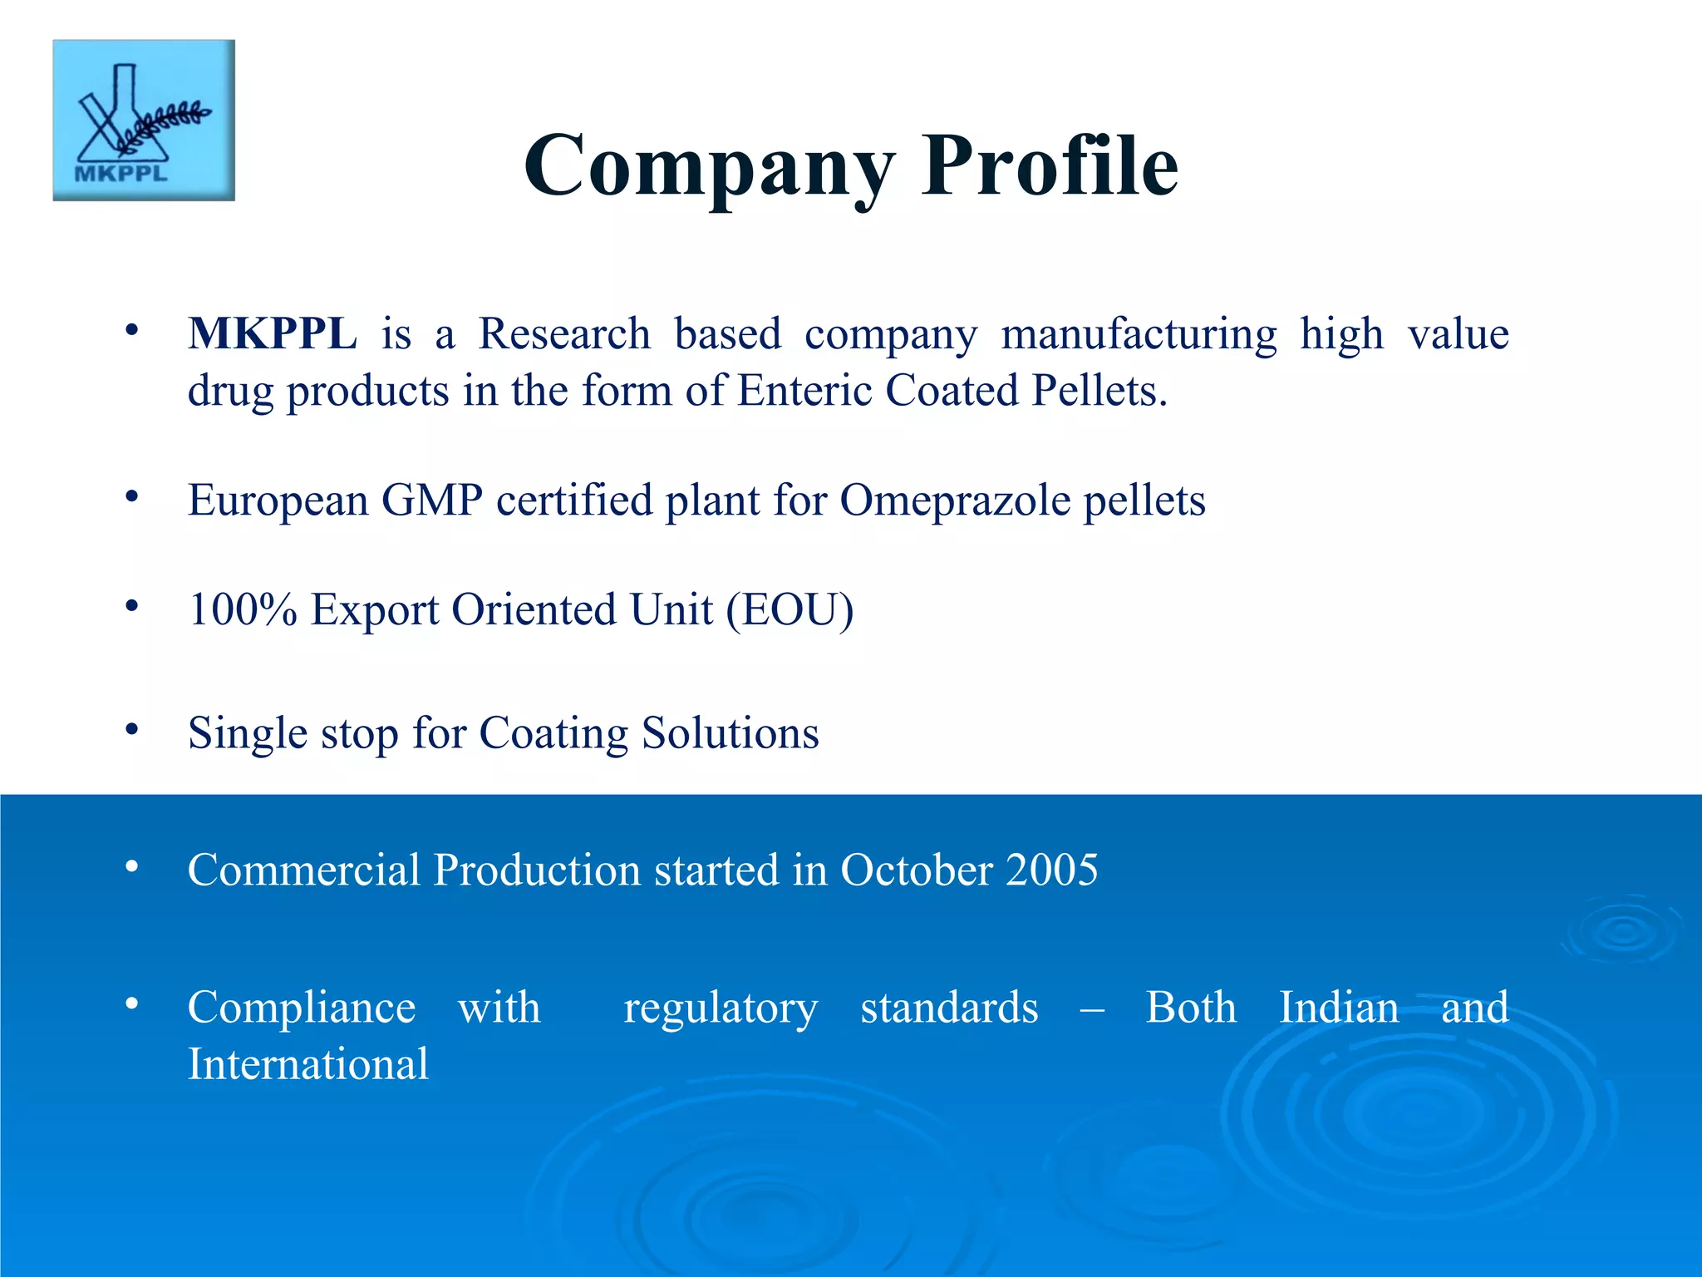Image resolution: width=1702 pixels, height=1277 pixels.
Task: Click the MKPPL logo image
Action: click(x=144, y=121)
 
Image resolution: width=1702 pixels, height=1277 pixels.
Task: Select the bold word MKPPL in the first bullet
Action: click(x=273, y=334)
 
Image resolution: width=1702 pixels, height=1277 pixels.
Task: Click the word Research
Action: click(x=564, y=334)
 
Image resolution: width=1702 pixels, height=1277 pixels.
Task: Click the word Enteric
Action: click(x=804, y=391)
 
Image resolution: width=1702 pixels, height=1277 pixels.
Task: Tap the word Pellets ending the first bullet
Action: click(x=1099, y=391)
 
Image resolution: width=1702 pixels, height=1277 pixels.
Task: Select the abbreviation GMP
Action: click(x=432, y=500)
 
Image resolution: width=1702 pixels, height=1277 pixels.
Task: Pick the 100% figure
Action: click(x=243, y=610)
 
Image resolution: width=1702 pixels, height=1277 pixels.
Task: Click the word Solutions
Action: click(x=730, y=733)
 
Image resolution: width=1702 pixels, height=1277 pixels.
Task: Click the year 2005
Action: click(x=1051, y=870)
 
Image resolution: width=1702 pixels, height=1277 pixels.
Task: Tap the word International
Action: click(x=308, y=1064)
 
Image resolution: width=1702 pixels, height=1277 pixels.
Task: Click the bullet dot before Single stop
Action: click(x=131, y=730)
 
